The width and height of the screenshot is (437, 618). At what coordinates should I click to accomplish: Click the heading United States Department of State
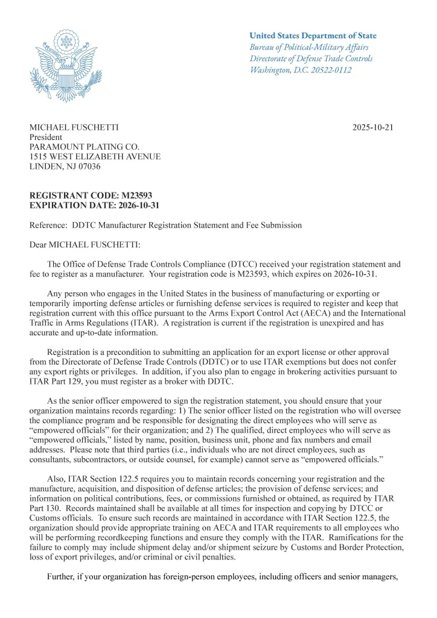coord(313,36)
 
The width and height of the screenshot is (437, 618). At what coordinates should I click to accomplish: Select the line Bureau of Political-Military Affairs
coord(309,47)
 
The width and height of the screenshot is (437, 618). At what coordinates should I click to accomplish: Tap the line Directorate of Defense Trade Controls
coord(311,59)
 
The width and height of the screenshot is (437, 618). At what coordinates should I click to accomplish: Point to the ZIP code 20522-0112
coord(330,70)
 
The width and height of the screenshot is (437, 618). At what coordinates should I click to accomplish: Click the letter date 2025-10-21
coord(372,127)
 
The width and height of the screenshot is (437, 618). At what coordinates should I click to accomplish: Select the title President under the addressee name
coord(46,137)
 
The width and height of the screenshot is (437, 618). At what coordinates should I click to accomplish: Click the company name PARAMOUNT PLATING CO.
coord(85,147)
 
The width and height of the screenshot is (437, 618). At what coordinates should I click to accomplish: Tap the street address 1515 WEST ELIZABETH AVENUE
coord(95,156)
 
